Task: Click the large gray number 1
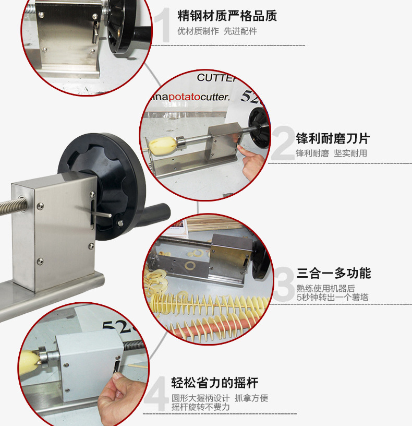pyautogui.click(x=162, y=25)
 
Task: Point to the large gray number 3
pyautogui.click(x=284, y=284)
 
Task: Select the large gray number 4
pyautogui.click(x=156, y=394)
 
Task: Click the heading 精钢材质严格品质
pyautogui.click(x=227, y=16)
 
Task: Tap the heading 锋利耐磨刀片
pyautogui.click(x=333, y=138)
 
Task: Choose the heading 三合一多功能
pyautogui.click(x=334, y=273)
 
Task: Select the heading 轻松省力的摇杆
pyautogui.click(x=214, y=383)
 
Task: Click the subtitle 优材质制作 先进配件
pyautogui.click(x=217, y=31)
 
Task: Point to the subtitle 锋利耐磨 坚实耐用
pyautogui.click(x=331, y=153)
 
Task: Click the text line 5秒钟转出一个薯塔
pyautogui.click(x=333, y=297)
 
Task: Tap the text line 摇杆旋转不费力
pyautogui.click(x=201, y=407)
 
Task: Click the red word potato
pyautogui.click(x=185, y=97)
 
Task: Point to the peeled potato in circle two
pyautogui.click(x=163, y=146)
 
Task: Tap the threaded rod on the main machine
pyautogui.click(x=13, y=205)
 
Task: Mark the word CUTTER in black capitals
pyautogui.click(x=216, y=78)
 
